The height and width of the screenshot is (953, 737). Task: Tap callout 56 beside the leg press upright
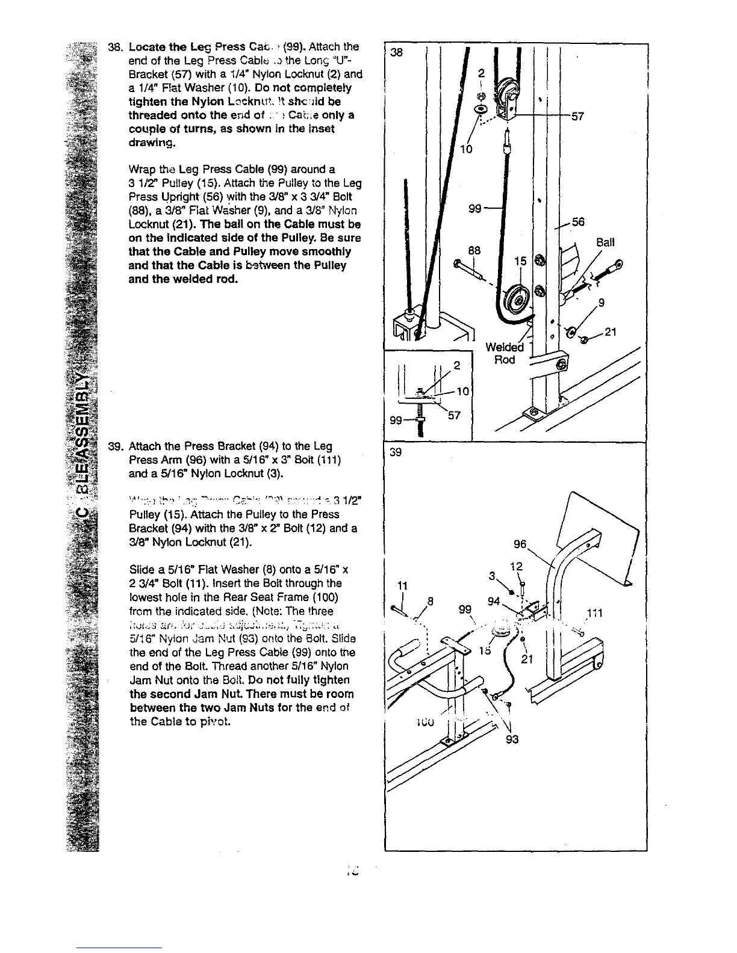pos(578,222)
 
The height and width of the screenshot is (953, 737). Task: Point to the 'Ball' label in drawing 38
pos(605,242)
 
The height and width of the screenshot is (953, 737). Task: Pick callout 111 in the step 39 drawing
pos(594,613)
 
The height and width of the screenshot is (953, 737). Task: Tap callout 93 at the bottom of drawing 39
pos(512,739)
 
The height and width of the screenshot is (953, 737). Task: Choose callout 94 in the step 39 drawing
pos(494,600)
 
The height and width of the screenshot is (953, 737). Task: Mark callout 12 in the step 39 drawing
pos(516,566)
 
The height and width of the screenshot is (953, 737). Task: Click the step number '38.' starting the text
pos(115,47)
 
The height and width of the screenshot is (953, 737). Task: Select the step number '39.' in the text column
pos(115,446)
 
